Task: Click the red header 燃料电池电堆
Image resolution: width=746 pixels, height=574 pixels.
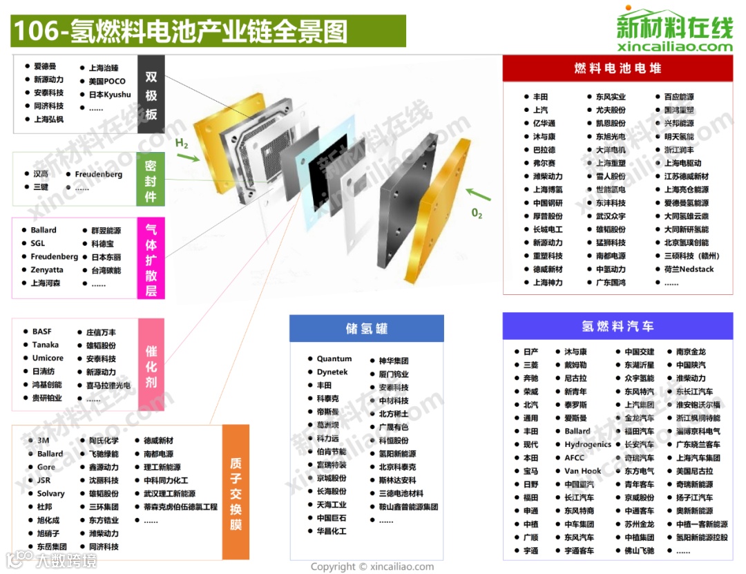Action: (x=618, y=68)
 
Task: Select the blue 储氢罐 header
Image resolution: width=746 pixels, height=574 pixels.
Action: (x=367, y=328)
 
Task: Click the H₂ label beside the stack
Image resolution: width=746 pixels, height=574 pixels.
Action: (x=182, y=144)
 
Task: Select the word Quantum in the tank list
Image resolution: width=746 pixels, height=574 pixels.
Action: (x=334, y=359)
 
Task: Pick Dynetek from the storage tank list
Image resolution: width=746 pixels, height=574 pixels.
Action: (x=332, y=372)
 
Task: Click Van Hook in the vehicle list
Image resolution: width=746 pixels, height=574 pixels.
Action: (x=582, y=471)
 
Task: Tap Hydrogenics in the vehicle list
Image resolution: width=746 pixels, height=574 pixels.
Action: (x=587, y=445)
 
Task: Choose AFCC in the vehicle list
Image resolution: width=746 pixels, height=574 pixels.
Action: (x=575, y=458)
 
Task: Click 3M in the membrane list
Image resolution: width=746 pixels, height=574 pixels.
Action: (x=44, y=441)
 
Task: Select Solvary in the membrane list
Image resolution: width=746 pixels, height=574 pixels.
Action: (x=50, y=494)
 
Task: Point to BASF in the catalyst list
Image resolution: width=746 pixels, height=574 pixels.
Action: (x=41, y=332)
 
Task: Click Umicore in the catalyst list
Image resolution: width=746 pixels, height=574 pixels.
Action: (x=48, y=358)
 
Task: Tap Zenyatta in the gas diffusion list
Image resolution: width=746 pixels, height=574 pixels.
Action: (x=46, y=270)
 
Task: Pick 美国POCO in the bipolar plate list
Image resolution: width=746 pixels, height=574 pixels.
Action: (x=107, y=82)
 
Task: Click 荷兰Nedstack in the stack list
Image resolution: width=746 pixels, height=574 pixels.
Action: (x=689, y=269)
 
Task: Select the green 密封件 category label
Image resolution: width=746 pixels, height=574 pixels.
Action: (x=151, y=178)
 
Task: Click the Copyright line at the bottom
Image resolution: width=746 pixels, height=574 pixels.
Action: (x=372, y=567)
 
